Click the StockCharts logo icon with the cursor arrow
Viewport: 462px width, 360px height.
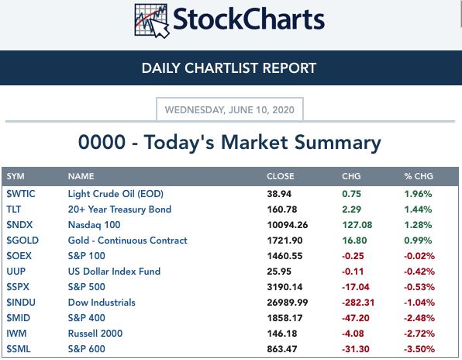(152, 21)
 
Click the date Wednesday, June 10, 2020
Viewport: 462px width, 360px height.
(229, 110)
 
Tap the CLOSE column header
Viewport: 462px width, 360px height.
(280, 176)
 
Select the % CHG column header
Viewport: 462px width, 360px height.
(419, 176)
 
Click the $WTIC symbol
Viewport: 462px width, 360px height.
(21, 194)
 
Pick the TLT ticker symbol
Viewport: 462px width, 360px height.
(13, 209)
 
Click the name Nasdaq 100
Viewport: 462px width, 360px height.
(94, 225)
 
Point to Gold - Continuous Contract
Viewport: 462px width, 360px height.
(128, 241)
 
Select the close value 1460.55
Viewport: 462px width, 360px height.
(284, 256)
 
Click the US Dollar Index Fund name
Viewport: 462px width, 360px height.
(114, 272)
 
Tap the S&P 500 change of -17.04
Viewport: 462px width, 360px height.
(355, 287)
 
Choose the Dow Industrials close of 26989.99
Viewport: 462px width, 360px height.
(288, 303)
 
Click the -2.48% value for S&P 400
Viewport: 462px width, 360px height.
(419, 318)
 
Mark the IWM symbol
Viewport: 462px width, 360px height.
(16, 334)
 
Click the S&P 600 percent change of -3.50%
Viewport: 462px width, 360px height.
(419, 349)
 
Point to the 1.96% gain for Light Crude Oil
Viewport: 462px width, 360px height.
(418, 194)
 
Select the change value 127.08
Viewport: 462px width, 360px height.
(357, 225)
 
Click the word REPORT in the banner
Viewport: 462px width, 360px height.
(289, 68)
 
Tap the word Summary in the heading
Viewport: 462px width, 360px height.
(338, 143)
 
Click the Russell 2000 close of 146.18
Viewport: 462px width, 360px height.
(281, 334)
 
